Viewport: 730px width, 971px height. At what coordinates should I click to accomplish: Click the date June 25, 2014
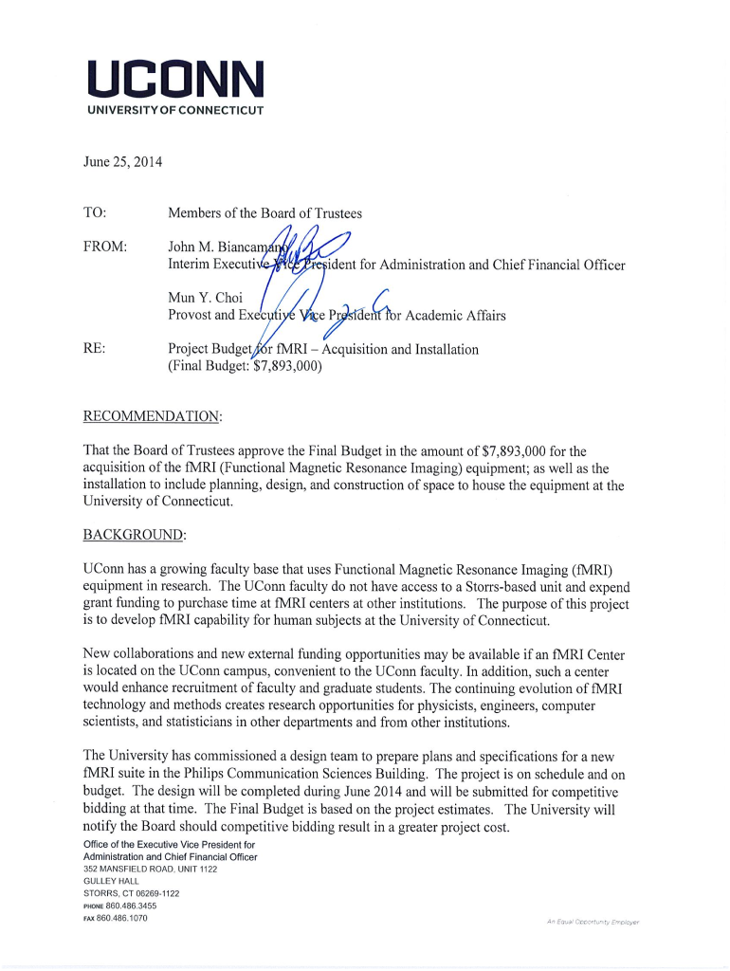coord(122,162)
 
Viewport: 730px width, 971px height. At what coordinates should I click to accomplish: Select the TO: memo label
coord(95,213)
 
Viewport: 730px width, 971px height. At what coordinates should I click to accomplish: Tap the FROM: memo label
coord(105,247)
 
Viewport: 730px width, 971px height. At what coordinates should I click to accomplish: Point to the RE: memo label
coord(94,349)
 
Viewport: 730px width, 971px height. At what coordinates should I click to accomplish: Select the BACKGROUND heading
coord(135,535)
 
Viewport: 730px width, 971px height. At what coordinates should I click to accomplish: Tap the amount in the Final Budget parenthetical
coord(287,367)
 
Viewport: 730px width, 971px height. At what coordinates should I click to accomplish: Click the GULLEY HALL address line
coord(111,881)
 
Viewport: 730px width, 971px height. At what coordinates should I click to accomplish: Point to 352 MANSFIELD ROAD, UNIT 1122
coord(150,869)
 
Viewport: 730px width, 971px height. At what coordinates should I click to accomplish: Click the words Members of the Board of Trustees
coord(265,213)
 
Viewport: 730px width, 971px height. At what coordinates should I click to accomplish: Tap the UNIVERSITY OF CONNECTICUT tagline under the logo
coord(175,110)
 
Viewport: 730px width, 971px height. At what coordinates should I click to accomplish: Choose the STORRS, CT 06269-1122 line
coord(131,893)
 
